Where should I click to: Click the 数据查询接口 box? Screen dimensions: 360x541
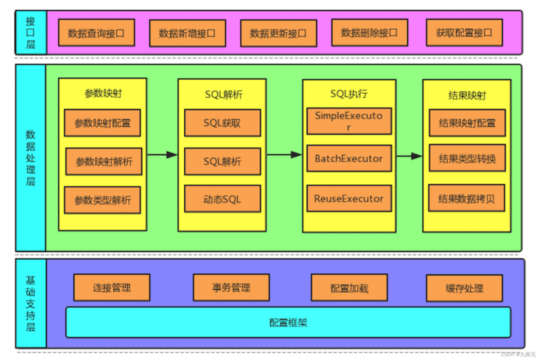(x=96, y=33)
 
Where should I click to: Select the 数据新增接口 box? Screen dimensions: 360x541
(x=187, y=33)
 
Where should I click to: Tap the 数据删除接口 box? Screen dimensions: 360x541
(x=369, y=32)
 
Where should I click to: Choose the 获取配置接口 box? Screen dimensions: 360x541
(x=464, y=32)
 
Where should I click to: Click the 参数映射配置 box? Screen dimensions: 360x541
(x=102, y=123)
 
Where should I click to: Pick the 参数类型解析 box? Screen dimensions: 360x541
(x=102, y=200)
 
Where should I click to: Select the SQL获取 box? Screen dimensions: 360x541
(x=222, y=123)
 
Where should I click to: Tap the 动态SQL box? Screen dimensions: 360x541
(x=222, y=199)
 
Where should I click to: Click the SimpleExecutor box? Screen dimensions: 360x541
(x=349, y=121)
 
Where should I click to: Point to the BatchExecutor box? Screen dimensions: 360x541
(x=349, y=158)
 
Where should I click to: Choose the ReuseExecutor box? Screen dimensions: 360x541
(x=349, y=199)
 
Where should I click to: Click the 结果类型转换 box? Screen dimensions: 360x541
(x=467, y=159)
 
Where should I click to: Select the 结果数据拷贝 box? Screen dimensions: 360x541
(x=467, y=198)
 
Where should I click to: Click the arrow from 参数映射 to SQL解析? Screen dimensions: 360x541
(x=162, y=155)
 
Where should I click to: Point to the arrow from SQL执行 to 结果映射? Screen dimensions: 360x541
(x=409, y=156)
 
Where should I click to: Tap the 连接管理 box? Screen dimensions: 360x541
(x=112, y=288)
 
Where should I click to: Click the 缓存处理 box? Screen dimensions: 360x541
(x=464, y=289)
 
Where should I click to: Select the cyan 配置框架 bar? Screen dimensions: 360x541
(x=288, y=322)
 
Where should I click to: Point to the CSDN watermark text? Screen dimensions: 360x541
(x=518, y=354)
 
